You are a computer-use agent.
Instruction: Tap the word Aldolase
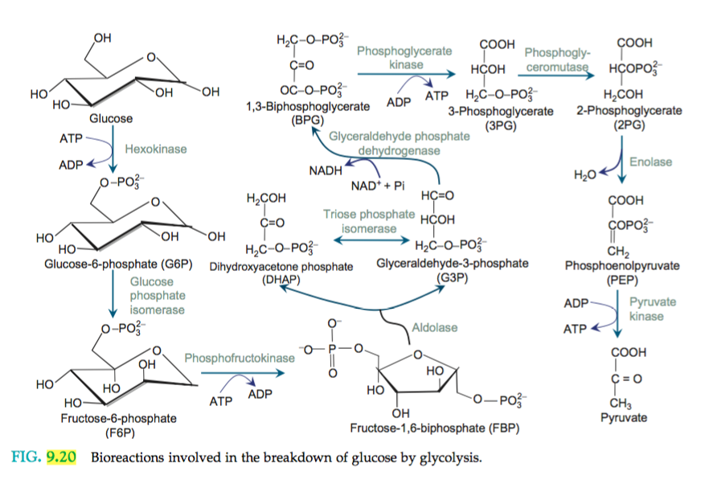click(434, 328)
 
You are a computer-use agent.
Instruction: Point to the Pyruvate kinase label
click(652, 310)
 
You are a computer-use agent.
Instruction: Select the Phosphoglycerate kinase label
click(404, 57)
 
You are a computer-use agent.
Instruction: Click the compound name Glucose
click(111, 118)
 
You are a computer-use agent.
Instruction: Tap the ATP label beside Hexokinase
click(72, 138)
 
